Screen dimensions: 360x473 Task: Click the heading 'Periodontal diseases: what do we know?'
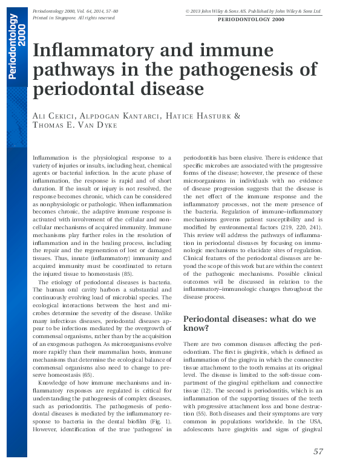[249, 324]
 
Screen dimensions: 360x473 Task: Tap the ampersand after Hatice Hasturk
[237, 116]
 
